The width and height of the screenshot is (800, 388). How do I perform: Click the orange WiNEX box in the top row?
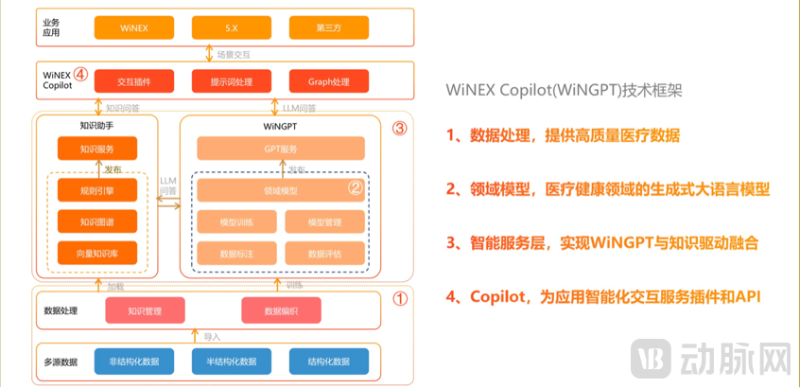133,28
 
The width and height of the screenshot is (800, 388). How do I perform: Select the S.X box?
231,28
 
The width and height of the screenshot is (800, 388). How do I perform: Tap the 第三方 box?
328,28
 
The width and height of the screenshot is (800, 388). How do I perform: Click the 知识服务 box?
96,149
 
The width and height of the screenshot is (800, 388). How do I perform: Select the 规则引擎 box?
96,192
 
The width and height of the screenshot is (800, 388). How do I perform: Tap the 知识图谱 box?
96,222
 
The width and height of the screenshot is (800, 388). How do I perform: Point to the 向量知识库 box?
96,253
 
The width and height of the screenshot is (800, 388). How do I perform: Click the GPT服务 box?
281,149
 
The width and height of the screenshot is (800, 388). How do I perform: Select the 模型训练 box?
236,222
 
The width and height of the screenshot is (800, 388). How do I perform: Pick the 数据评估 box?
324,253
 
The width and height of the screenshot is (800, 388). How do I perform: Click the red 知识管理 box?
144,309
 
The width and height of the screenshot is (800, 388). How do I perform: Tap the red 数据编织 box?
281,309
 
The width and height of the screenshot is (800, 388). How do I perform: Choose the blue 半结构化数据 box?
231,361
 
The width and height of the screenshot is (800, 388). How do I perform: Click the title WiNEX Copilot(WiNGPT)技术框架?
564,92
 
